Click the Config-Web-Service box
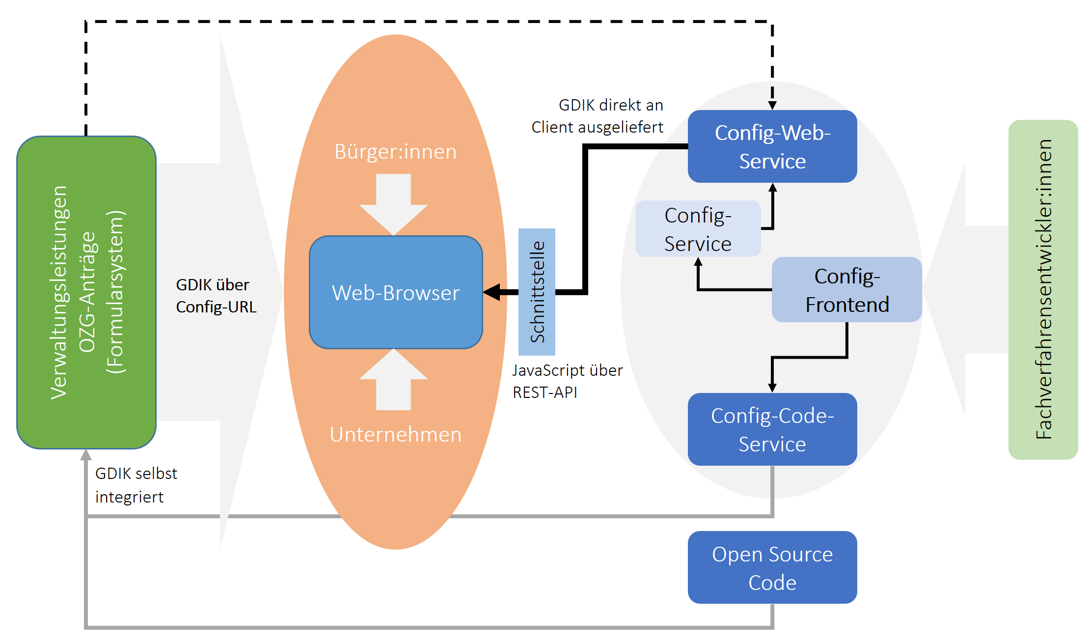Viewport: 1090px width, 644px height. pos(772,146)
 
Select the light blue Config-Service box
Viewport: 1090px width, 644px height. pos(698,229)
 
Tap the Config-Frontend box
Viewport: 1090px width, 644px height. pos(846,290)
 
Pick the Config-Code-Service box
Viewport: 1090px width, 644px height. pos(772,429)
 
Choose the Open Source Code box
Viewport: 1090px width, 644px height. pos(772,568)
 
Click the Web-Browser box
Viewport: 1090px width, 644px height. pos(396,293)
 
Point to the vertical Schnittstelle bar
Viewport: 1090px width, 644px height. pos(537,292)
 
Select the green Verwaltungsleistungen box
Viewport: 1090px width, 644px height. pos(86,292)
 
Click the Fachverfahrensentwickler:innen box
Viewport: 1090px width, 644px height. pos(1043,290)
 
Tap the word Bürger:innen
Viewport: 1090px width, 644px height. pos(395,152)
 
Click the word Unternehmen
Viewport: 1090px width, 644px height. pos(395,435)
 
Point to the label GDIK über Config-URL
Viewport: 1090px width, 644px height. pos(216,296)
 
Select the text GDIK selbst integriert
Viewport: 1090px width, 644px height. pos(136,485)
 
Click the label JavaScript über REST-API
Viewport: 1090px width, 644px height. pos(567,381)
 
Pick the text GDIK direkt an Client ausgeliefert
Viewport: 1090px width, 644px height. pos(598,116)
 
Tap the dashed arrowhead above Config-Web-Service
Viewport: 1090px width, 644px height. pos(772,105)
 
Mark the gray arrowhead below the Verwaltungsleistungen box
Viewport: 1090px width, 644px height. pos(86,455)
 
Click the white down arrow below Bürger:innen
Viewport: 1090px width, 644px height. pos(393,204)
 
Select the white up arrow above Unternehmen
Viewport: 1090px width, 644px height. pos(393,379)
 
